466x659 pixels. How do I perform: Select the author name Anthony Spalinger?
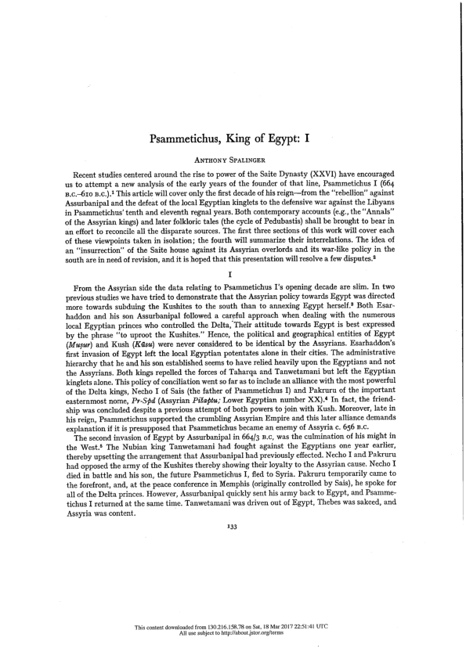click(233, 163)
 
